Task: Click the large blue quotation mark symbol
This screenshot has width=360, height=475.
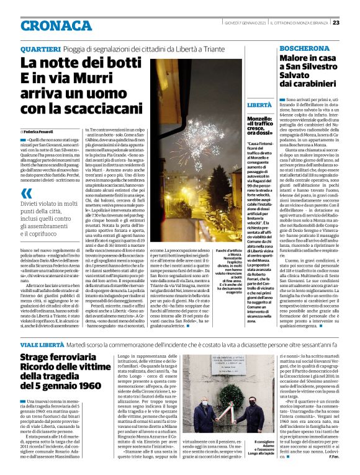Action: [x=27, y=193]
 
